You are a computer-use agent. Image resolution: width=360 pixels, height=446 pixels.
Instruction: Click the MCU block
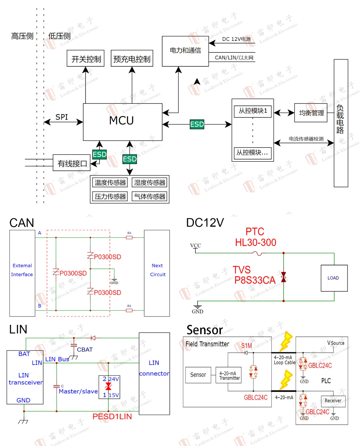click(122, 122)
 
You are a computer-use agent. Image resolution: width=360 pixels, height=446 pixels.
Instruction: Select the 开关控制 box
click(85, 58)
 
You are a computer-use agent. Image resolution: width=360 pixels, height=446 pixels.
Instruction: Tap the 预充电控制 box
click(132, 58)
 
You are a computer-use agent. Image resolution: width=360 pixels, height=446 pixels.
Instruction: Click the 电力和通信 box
click(185, 51)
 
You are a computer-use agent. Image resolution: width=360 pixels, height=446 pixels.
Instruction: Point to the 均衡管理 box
click(311, 113)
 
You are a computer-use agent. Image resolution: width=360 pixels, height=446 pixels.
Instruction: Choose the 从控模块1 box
click(253, 111)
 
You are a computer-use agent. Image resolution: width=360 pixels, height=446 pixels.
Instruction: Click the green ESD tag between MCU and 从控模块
click(197, 124)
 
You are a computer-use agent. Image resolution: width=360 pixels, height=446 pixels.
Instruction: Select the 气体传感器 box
click(150, 196)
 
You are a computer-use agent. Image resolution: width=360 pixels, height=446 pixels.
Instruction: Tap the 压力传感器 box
click(110, 196)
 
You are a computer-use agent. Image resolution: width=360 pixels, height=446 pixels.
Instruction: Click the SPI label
click(62, 117)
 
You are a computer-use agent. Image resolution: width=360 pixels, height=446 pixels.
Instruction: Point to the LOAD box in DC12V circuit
click(334, 278)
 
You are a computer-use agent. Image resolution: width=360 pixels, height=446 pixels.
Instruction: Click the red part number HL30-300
click(256, 243)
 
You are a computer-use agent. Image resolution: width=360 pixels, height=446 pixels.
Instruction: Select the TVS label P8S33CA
click(255, 280)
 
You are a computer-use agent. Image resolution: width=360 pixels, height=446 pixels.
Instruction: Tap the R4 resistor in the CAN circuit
click(129, 237)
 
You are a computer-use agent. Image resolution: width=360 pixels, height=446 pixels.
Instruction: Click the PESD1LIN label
click(112, 416)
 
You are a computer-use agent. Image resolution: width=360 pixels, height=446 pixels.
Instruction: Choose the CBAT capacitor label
click(85, 350)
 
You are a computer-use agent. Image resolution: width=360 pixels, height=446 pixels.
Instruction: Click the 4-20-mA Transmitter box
click(229, 375)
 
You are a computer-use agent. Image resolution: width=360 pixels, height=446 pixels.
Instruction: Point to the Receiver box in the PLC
click(333, 401)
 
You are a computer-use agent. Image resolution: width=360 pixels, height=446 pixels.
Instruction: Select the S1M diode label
click(246, 346)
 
